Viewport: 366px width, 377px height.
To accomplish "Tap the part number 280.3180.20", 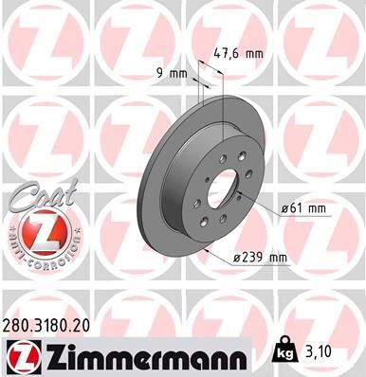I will coord(54,323).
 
